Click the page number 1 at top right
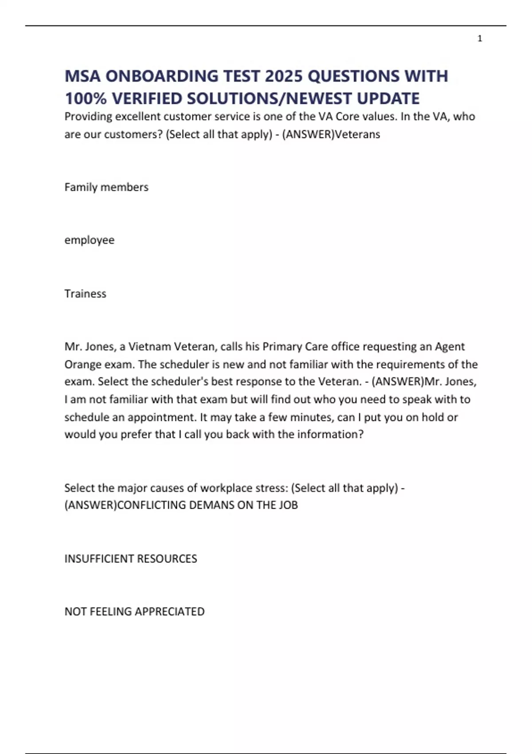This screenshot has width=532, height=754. click(480, 39)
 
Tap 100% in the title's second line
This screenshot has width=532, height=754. click(86, 98)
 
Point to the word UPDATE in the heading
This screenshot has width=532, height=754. click(388, 98)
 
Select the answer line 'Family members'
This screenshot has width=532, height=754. click(106, 187)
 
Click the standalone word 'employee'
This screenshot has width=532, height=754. click(90, 240)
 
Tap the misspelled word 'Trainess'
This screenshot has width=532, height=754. click(85, 294)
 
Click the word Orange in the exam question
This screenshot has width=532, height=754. click(82, 365)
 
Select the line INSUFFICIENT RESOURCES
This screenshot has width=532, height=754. click(131, 558)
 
